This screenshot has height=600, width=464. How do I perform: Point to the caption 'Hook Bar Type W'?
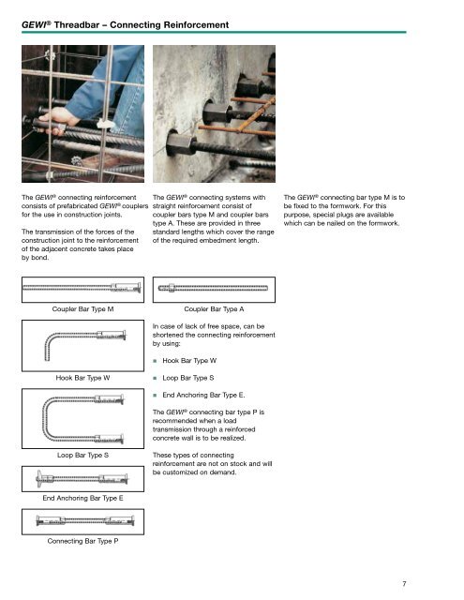coord(84,379)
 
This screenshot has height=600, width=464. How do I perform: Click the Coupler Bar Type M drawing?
coord(84,288)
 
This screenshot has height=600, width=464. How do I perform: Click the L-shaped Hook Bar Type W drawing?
coord(84,347)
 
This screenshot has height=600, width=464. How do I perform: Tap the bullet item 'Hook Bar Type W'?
coord(191,360)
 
